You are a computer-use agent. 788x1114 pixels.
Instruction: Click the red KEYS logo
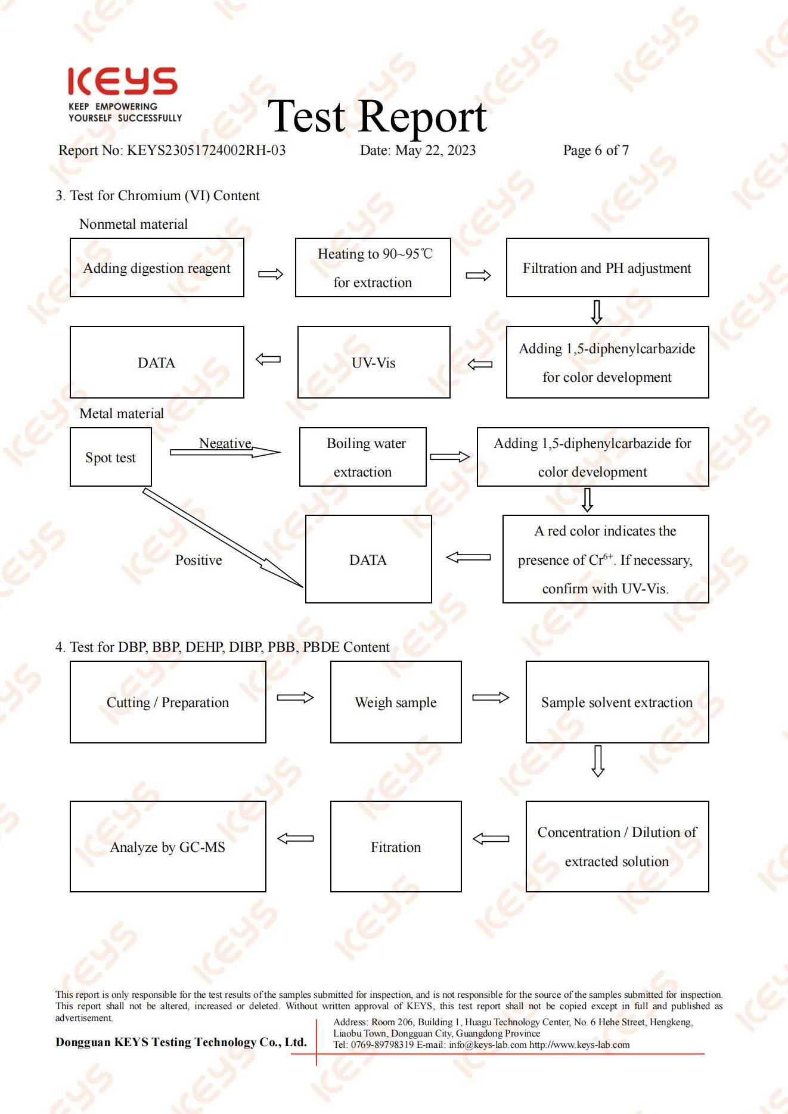click(122, 82)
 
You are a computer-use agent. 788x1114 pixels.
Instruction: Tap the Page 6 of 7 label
click(595, 150)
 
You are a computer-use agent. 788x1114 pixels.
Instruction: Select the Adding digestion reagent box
click(157, 267)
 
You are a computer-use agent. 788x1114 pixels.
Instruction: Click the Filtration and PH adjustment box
click(607, 267)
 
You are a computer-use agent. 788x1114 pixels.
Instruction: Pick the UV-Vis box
click(374, 362)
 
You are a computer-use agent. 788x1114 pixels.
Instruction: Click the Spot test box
click(111, 457)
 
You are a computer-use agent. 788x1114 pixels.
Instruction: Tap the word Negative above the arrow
click(225, 443)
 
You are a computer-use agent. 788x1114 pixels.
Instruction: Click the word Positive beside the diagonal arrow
click(198, 560)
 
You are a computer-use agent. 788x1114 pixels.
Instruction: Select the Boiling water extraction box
click(363, 457)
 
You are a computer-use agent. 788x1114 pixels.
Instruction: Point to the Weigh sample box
click(396, 702)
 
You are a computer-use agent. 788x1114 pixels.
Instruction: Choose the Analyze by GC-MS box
click(167, 847)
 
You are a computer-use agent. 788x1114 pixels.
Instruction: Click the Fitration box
click(396, 847)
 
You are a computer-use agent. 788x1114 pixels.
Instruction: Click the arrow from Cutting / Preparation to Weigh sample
click(296, 698)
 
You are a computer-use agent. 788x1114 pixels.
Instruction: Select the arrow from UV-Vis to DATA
click(268, 359)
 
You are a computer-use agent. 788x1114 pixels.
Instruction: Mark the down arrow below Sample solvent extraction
click(598, 761)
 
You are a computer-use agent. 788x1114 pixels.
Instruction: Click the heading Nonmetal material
click(134, 224)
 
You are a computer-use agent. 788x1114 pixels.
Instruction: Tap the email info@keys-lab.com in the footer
click(488, 1045)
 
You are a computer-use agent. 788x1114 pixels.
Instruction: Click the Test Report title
click(377, 116)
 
